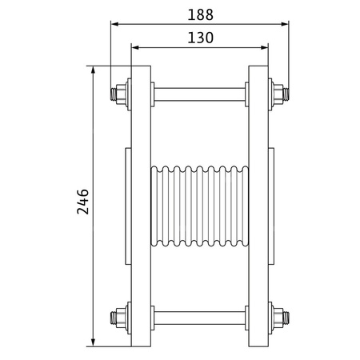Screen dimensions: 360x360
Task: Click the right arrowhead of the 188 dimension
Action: pyautogui.click(x=286, y=23)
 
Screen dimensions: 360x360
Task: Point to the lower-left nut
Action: pyautogui.click(x=121, y=318)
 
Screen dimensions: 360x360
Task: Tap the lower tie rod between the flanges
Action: pyautogui.click(x=199, y=318)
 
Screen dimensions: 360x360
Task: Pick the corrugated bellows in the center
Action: pyautogui.click(x=199, y=206)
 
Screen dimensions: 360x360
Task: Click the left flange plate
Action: pyautogui.click(x=140, y=206)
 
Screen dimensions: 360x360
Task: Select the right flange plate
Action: pyautogui.click(x=258, y=206)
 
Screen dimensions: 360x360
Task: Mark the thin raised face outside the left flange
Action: pyautogui.click(x=127, y=206)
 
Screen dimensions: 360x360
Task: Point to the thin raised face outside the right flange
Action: pyautogui.click(x=271, y=206)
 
